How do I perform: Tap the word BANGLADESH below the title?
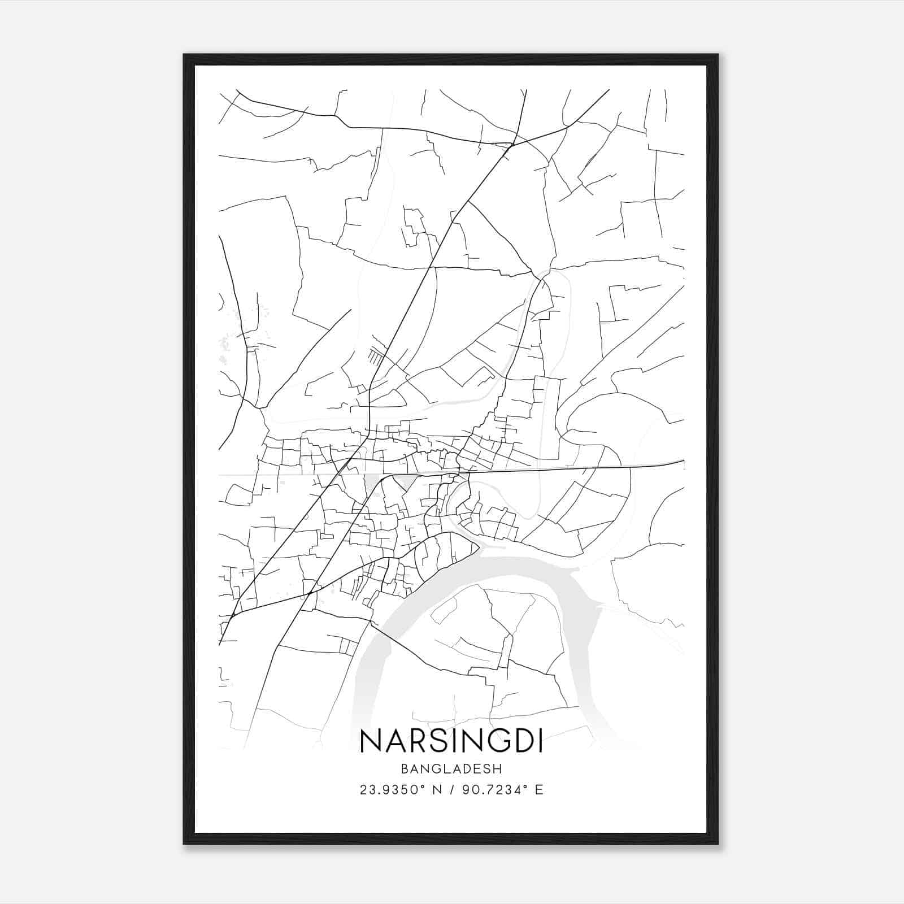tap(451, 768)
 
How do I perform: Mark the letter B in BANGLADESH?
tap(405, 768)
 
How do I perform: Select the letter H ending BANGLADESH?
tap(498, 768)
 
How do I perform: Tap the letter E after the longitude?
tap(540, 789)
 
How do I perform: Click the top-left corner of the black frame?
tap(184, 55)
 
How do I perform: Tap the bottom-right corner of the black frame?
tap(718, 844)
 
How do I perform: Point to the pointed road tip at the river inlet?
tap(479, 546)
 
